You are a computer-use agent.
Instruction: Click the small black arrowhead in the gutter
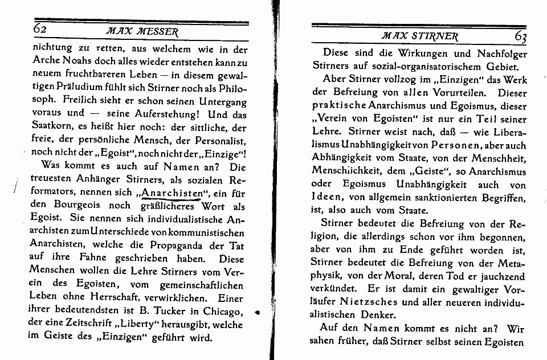click(257, 312)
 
